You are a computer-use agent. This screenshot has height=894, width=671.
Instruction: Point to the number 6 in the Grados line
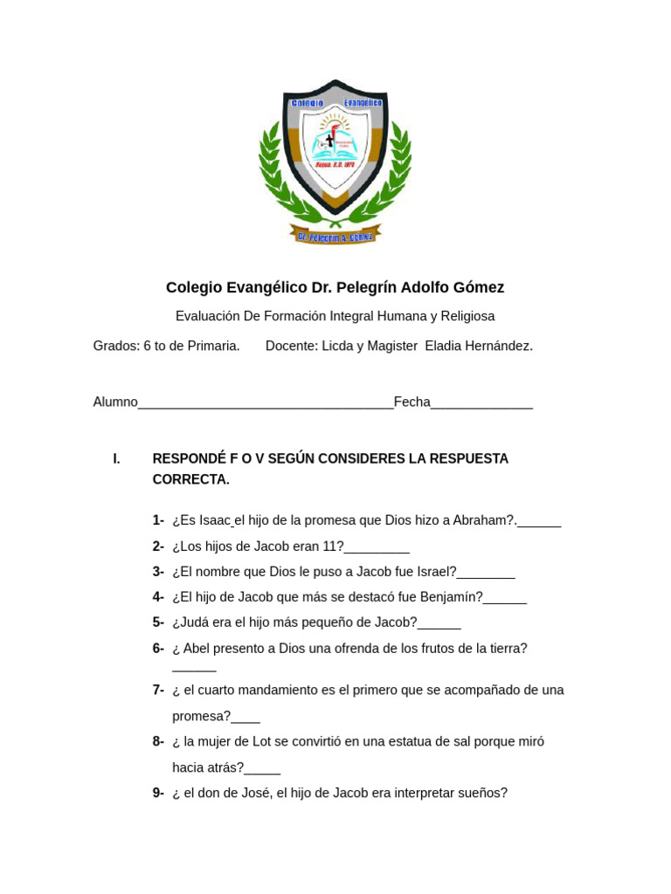(x=148, y=346)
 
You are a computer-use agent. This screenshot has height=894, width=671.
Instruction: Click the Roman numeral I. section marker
(x=117, y=458)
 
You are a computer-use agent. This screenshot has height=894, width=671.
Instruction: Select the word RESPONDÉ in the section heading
(x=189, y=458)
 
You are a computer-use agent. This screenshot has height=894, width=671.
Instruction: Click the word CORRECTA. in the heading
(x=190, y=479)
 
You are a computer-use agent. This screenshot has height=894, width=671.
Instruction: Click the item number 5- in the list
(x=158, y=622)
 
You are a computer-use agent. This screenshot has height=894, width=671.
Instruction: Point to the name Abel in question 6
(x=197, y=649)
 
